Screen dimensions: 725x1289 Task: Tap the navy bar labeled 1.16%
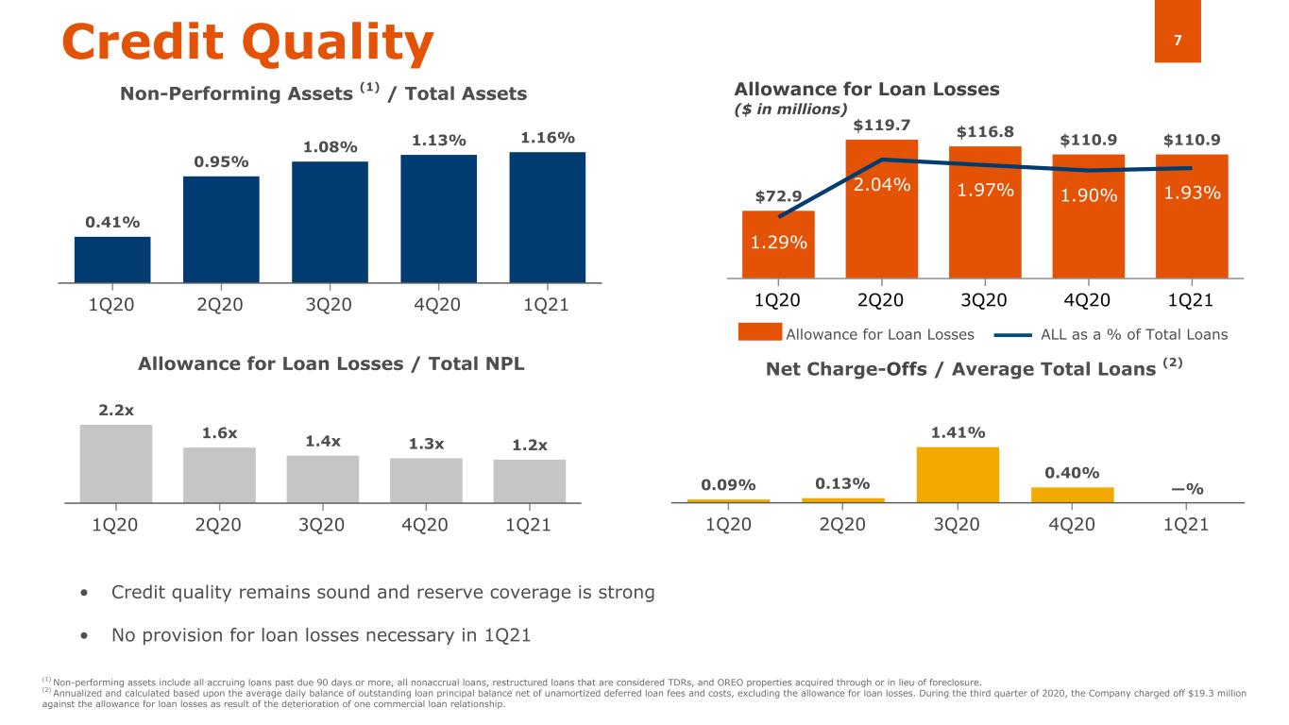(x=547, y=217)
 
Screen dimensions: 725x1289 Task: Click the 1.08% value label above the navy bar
(x=330, y=147)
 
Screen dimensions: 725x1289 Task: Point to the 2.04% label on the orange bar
(x=881, y=186)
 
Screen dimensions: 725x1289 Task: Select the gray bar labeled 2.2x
(x=116, y=463)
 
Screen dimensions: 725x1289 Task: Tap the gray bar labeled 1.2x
(x=530, y=481)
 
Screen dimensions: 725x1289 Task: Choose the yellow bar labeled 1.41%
(x=958, y=474)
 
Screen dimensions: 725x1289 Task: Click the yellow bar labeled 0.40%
(x=1073, y=494)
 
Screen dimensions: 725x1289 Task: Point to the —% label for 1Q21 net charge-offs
(x=1187, y=488)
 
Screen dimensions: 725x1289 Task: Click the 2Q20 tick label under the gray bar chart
(x=219, y=526)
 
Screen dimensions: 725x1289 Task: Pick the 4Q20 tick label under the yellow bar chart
(x=1072, y=526)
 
